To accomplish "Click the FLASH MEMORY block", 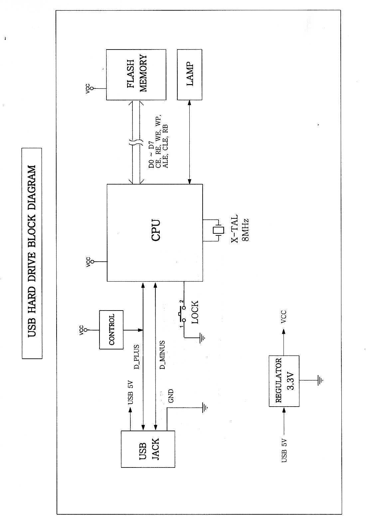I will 136,75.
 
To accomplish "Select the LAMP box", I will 190,75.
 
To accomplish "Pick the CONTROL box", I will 111,329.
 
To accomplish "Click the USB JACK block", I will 148,449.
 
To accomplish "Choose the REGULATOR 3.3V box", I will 284,381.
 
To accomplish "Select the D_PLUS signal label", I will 136,357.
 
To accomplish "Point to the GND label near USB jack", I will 171,396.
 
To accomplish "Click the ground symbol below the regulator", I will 320,380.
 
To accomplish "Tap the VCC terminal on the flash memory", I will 92,89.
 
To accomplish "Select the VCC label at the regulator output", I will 283,317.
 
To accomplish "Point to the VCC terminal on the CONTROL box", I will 86,330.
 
